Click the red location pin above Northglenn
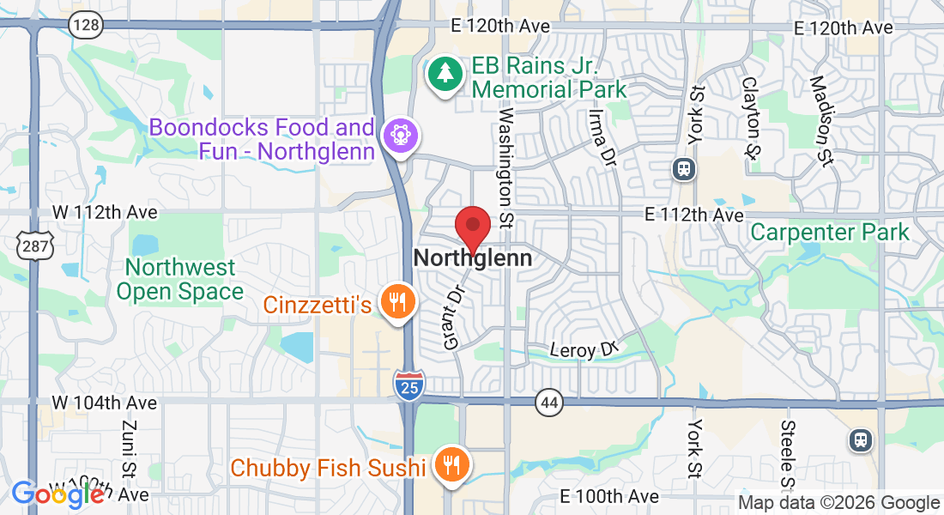[472, 227]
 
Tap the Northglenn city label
[472, 257]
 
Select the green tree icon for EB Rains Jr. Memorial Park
[445, 75]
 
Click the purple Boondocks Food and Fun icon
[400, 135]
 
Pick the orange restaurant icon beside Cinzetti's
[396, 302]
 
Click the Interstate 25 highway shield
[408, 385]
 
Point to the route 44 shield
[548, 402]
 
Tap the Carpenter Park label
[829, 232]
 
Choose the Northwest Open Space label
[179, 280]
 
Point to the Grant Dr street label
[454, 318]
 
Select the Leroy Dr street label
[584, 350]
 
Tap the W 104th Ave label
[104, 403]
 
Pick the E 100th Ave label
[609, 496]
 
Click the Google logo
[57, 495]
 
